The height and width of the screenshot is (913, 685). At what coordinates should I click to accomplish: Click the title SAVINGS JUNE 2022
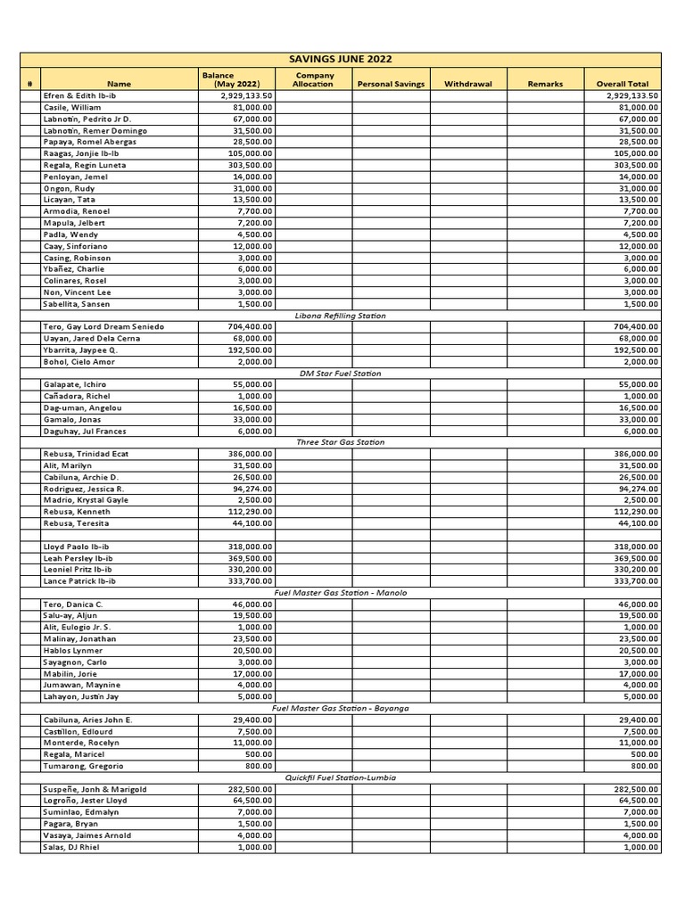(341, 59)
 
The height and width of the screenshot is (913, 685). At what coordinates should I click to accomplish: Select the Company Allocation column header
(313, 80)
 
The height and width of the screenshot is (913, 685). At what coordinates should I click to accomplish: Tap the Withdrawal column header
(468, 85)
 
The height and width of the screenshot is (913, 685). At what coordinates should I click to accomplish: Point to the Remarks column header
(545, 85)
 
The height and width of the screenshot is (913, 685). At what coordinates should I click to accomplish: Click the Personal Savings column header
(391, 85)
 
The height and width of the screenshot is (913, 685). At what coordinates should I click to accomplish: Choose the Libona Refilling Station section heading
(341, 316)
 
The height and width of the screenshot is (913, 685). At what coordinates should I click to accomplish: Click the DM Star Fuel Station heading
(341, 374)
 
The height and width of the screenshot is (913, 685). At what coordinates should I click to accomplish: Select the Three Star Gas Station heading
(341, 442)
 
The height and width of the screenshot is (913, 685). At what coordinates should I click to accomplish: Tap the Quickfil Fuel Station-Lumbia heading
(341, 777)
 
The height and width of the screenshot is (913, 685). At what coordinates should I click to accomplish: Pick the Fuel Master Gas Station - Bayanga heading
(341, 708)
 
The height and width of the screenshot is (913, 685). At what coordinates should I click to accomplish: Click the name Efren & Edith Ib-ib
(80, 95)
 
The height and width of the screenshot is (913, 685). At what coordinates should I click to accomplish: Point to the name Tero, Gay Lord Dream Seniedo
(103, 327)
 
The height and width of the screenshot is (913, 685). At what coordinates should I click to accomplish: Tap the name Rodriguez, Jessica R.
(84, 489)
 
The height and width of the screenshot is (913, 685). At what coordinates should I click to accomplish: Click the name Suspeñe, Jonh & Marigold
(95, 789)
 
